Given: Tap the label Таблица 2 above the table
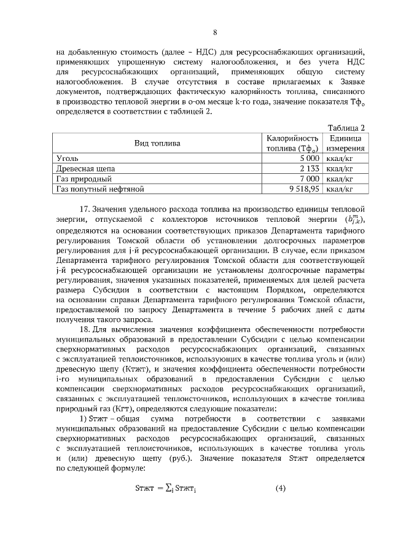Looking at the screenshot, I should (347, 128).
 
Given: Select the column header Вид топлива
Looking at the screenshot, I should (157, 143).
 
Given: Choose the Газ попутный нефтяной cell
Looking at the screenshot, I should (99, 189).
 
